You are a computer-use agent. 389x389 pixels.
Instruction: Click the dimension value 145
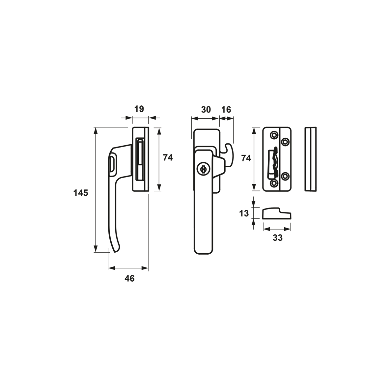81,192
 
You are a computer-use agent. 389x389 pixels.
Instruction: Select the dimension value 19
139,109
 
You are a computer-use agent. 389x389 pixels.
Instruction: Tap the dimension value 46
129,278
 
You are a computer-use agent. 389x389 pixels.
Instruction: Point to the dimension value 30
206,109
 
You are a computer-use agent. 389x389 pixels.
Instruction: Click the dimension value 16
226,109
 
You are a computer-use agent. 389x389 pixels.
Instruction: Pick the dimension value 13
244,213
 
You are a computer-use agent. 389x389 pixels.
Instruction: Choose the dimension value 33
278,238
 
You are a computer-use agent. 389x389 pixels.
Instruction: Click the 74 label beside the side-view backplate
168,157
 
